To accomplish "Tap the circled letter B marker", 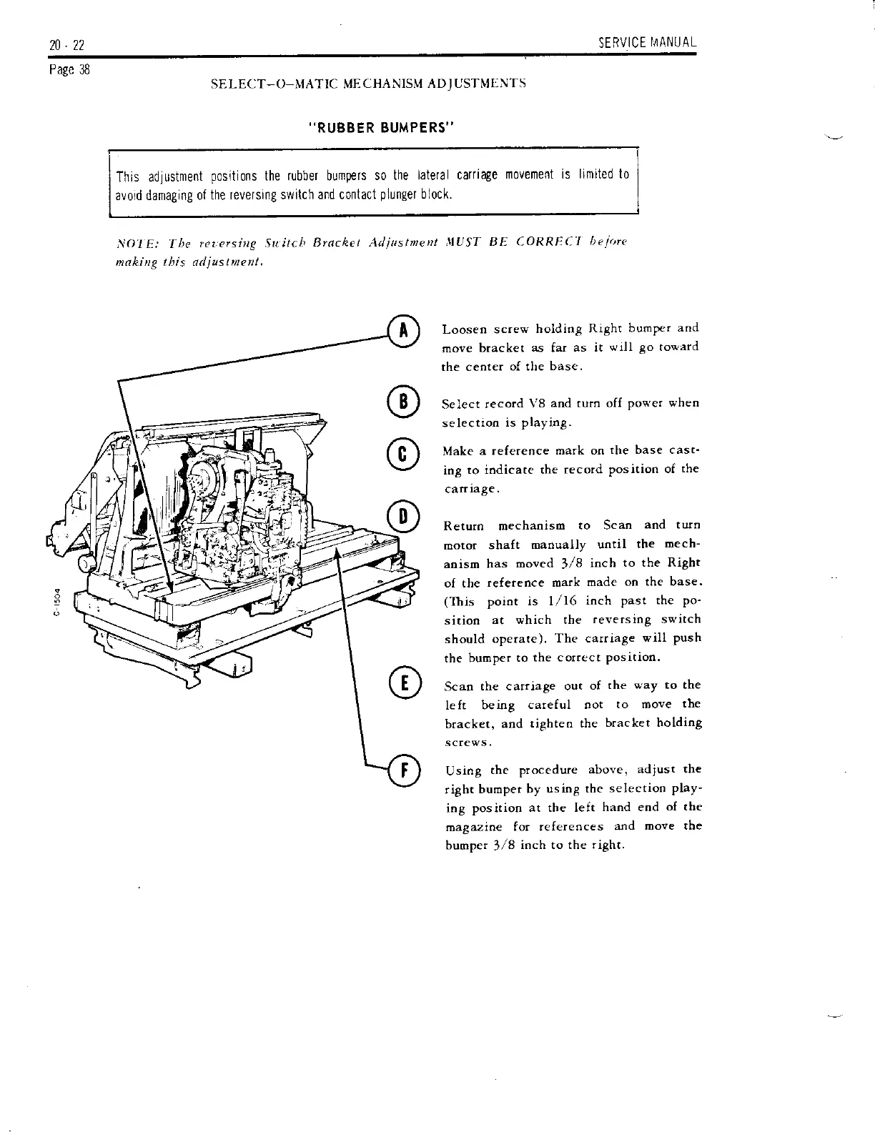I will (402, 403).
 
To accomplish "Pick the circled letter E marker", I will (402, 682).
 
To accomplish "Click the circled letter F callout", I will (402, 770).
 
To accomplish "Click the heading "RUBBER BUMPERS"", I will (381, 128).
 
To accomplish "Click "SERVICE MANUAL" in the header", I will (648, 43).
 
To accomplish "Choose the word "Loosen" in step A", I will (465, 329).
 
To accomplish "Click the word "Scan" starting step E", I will (458, 686).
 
